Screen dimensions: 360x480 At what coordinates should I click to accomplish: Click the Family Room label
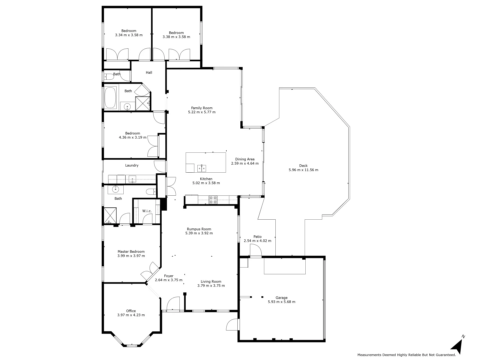pos(202,108)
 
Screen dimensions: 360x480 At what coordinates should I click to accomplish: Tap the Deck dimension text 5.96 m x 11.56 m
pos(303,170)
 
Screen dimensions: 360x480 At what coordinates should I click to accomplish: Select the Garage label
pos(281,298)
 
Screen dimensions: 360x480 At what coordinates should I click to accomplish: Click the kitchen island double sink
pos(201,168)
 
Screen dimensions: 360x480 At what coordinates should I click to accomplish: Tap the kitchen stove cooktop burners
pos(213,200)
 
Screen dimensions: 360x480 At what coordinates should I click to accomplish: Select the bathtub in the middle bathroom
pos(110,97)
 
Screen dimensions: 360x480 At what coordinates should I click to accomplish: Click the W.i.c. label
pos(147,211)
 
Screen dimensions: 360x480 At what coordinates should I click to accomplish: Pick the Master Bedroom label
pos(131,252)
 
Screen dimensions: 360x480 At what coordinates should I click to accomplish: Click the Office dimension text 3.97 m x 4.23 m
pos(131,315)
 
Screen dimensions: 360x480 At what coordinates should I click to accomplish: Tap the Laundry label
pos(132,165)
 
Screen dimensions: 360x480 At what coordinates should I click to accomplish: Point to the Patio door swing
pos(256,250)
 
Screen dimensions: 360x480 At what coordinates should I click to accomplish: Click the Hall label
pos(149,72)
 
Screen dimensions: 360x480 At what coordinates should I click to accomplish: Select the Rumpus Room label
pos(199,229)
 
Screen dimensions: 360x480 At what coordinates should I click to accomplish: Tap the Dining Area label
pos(245,159)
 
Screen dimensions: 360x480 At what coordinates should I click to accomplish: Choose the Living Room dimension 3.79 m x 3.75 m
pos(211,286)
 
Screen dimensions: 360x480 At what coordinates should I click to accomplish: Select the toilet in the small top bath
pos(108,77)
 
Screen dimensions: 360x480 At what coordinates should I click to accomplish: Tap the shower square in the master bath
pos(110,215)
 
